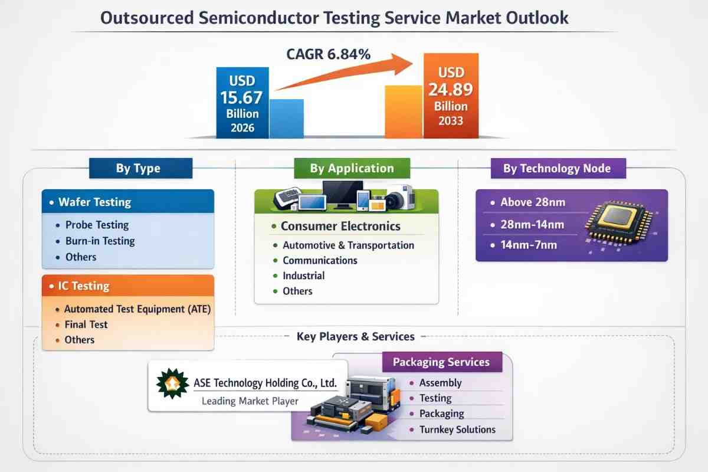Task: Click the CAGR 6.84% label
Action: (329, 54)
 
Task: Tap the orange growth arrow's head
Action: (402, 64)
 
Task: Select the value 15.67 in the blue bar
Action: (241, 97)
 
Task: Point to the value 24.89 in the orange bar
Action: (451, 90)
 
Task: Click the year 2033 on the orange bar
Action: (451, 121)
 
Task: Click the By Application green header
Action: (352, 168)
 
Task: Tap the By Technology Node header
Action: (558, 168)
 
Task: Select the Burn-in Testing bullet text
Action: (100, 241)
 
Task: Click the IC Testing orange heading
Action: (84, 286)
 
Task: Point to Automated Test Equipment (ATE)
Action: (137, 309)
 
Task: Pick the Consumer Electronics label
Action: (341, 226)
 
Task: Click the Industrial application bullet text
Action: (304, 276)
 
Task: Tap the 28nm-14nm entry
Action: (532, 224)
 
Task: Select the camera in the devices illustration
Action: (400, 198)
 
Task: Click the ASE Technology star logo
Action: (172, 383)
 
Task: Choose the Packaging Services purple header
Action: (442, 362)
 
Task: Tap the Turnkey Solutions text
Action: (457, 430)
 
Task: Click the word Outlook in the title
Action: (537, 18)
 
